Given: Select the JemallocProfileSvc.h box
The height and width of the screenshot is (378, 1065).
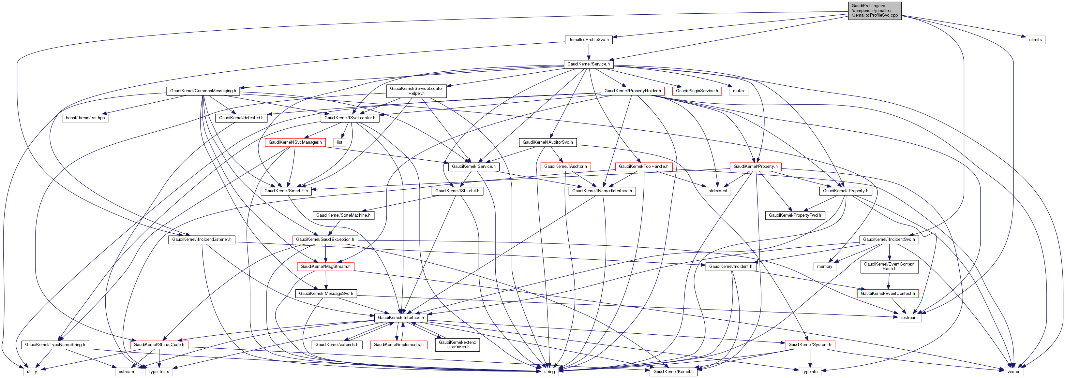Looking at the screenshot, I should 588,40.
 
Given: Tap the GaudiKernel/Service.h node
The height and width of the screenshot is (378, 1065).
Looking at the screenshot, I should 588,64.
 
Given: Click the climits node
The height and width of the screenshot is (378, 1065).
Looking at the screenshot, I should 1035,40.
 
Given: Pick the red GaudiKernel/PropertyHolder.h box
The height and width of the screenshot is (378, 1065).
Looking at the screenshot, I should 633,91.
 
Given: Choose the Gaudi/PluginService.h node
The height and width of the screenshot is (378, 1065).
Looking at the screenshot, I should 697,91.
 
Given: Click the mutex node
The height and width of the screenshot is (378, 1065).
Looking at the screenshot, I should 739,91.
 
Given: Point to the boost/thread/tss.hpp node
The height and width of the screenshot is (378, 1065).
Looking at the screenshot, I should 85,118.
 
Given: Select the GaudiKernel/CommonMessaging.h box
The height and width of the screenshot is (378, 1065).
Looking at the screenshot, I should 203,91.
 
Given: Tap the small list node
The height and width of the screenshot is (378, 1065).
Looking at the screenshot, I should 339,142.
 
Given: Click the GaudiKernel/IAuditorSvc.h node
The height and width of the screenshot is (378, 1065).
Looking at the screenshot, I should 548,142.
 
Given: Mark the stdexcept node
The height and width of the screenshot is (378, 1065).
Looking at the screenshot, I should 718,191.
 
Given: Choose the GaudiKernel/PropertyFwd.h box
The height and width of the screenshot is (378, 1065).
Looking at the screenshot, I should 795,215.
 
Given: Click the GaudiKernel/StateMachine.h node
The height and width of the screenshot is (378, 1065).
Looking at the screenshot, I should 343,215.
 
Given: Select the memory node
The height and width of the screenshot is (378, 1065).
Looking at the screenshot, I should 825,267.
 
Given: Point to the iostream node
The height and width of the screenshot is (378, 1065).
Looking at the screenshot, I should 909,318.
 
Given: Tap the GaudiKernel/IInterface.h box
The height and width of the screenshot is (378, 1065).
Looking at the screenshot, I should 401,318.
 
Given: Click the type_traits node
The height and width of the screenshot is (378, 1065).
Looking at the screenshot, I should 159,372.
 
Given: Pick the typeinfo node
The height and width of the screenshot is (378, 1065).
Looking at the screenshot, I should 810,372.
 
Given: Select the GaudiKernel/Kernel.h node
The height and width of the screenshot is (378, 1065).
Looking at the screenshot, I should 673,372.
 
